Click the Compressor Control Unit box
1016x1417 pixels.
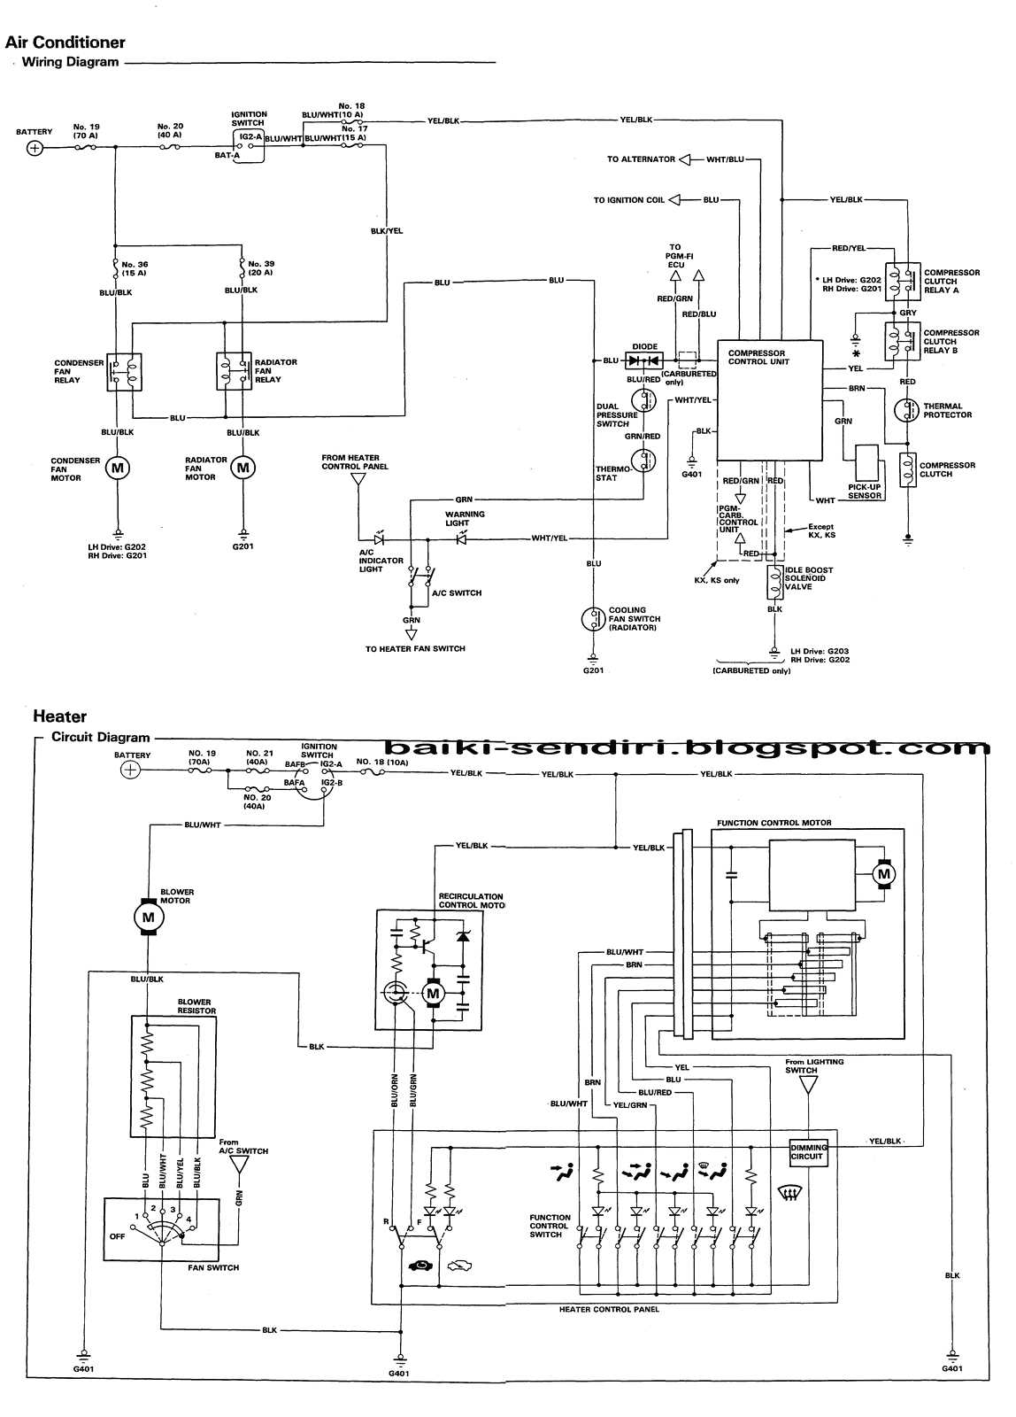(768, 400)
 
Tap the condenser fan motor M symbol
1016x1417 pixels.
(118, 468)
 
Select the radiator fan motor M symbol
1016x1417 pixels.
(243, 468)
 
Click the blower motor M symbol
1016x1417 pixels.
(148, 918)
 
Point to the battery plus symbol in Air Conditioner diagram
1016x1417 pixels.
(35, 148)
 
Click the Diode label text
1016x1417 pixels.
(644, 347)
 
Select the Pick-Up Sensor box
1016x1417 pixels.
(868, 461)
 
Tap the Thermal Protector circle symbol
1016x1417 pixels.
(907, 411)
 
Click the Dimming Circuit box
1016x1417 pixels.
(808, 1151)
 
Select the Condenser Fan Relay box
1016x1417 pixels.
(124, 372)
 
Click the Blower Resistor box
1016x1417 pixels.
(173, 1076)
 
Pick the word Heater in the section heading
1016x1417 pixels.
(59, 716)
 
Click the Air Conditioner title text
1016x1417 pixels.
(65, 43)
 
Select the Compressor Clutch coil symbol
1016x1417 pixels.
(907, 468)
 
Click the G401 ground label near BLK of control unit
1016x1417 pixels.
(691, 474)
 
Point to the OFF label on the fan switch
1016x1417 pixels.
(117, 1235)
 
